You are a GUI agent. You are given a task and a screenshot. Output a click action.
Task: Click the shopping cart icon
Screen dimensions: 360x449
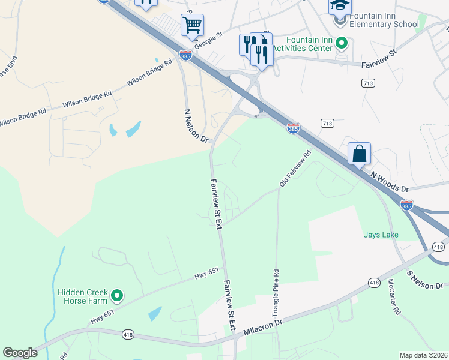(192, 26)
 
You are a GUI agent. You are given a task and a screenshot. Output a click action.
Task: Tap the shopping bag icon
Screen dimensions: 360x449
(359, 154)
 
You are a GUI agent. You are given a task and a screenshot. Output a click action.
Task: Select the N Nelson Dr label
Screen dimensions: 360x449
(194, 125)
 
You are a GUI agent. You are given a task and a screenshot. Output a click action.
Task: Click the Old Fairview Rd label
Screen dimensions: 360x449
(295, 167)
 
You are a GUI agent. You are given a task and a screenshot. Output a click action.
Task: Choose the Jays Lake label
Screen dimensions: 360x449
(381, 234)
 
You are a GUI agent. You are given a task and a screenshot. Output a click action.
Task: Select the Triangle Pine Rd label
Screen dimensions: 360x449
(277, 293)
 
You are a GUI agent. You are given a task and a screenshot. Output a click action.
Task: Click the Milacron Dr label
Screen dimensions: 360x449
(262, 328)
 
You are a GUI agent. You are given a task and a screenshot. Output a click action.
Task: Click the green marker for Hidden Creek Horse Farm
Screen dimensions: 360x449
(118, 295)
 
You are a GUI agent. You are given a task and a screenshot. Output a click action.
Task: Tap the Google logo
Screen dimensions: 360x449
(20, 353)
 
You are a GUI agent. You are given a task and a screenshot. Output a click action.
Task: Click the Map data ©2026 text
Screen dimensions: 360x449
(423, 355)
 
